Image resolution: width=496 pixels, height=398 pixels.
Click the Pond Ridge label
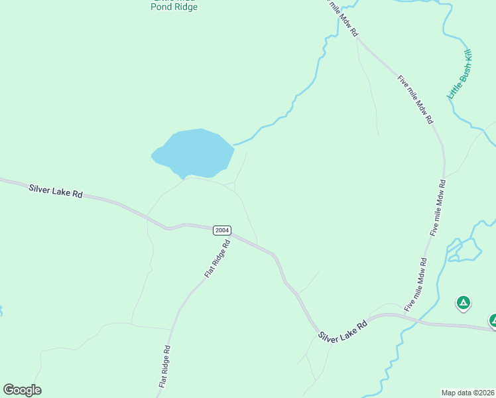174,7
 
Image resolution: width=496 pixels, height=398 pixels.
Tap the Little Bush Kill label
459,74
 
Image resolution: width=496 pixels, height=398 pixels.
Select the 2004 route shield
222,230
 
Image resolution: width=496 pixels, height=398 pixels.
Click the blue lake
194,153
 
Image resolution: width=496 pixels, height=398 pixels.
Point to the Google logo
22,390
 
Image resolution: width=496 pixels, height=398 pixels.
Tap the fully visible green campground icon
464,303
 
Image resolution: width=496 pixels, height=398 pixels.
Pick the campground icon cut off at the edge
493,320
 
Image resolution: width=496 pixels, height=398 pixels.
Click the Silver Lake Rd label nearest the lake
56,191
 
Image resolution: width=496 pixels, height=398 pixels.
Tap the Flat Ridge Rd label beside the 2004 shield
217,259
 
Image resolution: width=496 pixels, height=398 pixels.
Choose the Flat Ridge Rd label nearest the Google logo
165,367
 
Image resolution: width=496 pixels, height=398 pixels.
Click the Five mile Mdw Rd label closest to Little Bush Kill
415,99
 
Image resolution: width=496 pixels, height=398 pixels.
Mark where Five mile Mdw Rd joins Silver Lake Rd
403,314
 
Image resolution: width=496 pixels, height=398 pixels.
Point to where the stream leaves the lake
233,144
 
